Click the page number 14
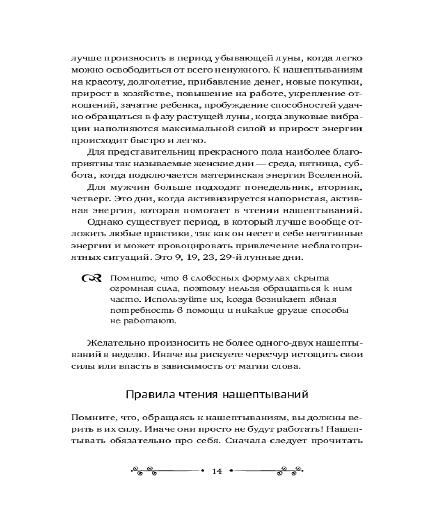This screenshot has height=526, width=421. [216, 471]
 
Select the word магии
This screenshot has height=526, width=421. [268, 367]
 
